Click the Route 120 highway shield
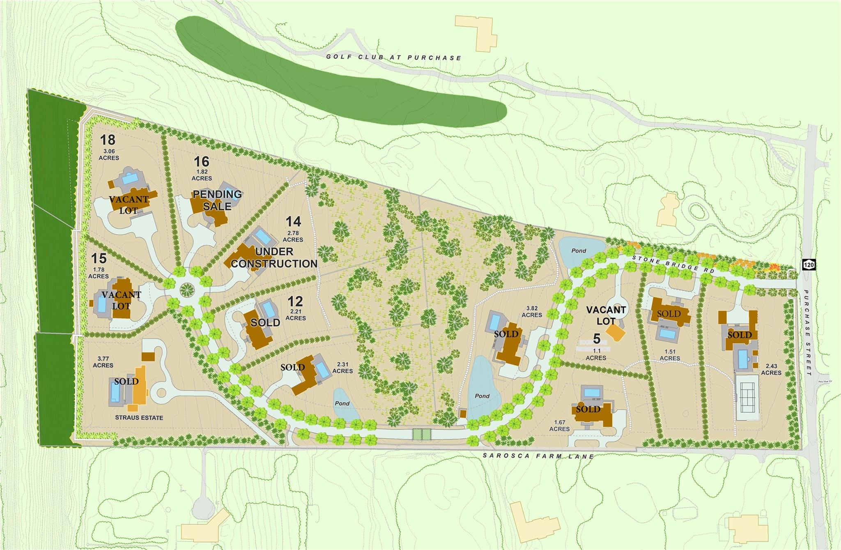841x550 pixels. pyautogui.click(x=808, y=264)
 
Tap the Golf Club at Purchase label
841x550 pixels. pyautogui.click(x=394, y=57)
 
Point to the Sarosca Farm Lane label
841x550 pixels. pyautogui.click(x=538, y=456)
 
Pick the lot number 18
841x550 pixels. pyautogui.click(x=108, y=140)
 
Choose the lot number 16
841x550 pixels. pyautogui.click(x=202, y=161)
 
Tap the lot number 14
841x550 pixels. pyautogui.click(x=293, y=222)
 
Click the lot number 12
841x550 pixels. pyautogui.click(x=295, y=302)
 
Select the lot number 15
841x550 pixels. pyautogui.click(x=99, y=258)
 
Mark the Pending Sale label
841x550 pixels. pyautogui.click(x=217, y=200)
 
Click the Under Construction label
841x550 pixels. pyautogui.click(x=274, y=258)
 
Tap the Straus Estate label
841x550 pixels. pyautogui.click(x=139, y=418)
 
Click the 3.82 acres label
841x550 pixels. pyautogui.click(x=532, y=312)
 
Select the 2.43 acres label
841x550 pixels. pyautogui.click(x=771, y=369)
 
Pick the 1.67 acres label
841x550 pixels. pyautogui.click(x=559, y=426)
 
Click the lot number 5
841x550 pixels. pyautogui.click(x=597, y=339)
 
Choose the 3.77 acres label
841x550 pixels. pyautogui.click(x=103, y=362)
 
